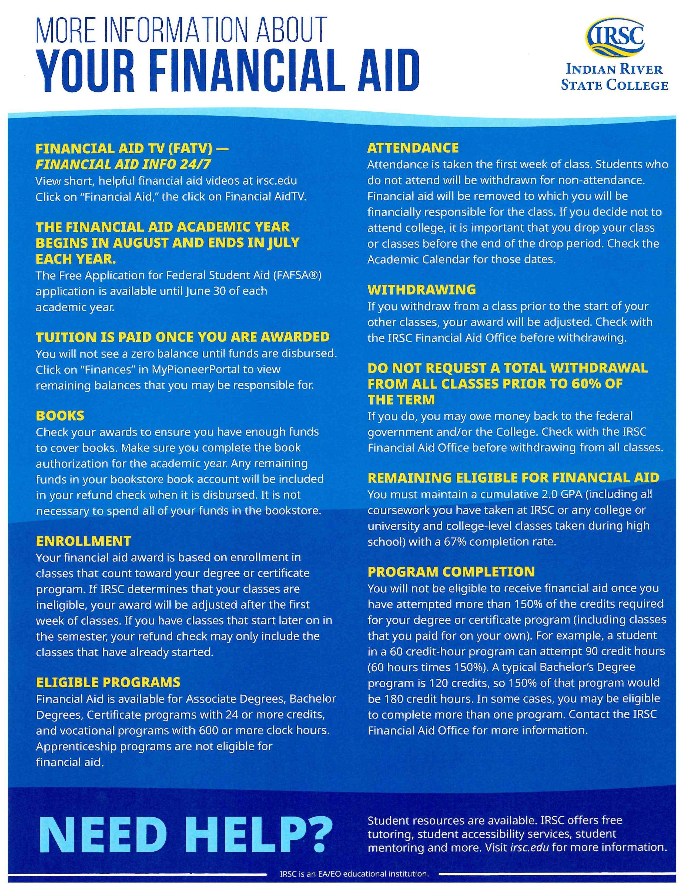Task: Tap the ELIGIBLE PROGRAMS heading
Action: coord(108,683)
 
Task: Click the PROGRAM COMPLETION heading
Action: coord(451,572)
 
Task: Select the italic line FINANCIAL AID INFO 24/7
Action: coord(123,164)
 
